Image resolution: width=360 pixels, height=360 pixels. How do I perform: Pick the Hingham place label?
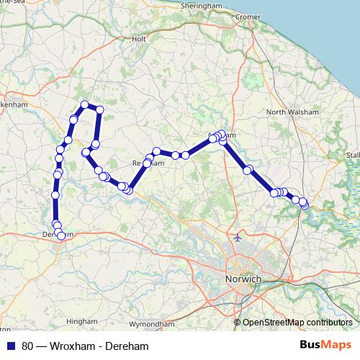click(x=76, y=321)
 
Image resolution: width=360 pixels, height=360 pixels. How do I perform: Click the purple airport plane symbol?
click(x=238, y=237)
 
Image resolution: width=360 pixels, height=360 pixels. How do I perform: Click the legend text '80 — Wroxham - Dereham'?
click(x=85, y=346)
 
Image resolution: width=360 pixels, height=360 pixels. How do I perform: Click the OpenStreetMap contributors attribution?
click(x=297, y=322)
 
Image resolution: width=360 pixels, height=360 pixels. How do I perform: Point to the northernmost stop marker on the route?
click(x=85, y=105)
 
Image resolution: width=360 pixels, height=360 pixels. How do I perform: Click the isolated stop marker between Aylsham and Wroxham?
click(x=248, y=171)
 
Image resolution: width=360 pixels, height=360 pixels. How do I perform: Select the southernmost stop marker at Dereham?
click(x=60, y=235)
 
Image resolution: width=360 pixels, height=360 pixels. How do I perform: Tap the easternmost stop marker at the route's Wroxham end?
click(x=305, y=205)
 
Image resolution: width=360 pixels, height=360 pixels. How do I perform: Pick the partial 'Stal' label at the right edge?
click(x=353, y=155)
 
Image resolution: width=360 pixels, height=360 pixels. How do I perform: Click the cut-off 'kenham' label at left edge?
click(x=13, y=104)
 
